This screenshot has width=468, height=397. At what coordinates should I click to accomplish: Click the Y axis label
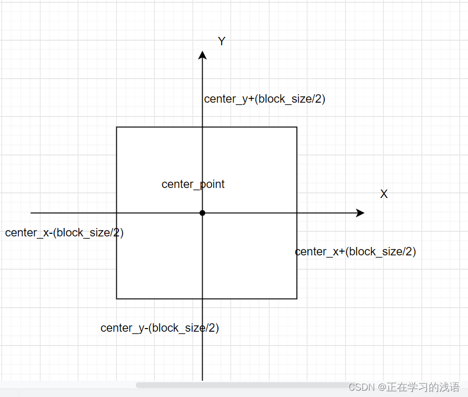click(x=222, y=42)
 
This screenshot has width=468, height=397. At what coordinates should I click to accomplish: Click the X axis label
click(x=384, y=194)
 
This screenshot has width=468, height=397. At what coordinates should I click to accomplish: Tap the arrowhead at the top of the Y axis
click(x=202, y=55)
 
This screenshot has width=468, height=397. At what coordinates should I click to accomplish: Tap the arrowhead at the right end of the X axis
click(x=360, y=213)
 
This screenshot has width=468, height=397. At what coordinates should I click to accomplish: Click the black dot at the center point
click(x=202, y=213)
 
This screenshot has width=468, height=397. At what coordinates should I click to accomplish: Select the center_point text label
click(x=193, y=184)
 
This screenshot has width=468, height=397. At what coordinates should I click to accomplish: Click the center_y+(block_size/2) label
click(x=265, y=99)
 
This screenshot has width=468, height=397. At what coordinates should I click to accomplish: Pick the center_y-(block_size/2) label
click(x=160, y=328)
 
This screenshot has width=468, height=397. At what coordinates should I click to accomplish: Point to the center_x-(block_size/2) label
click(x=64, y=233)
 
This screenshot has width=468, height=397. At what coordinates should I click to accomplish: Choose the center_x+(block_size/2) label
click(x=355, y=252)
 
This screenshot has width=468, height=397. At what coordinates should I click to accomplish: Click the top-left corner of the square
click(x=116, y=127)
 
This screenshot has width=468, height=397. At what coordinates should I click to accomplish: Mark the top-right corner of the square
click(x=297, y=127)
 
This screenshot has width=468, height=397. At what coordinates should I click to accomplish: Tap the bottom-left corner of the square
click(x=116, y=299)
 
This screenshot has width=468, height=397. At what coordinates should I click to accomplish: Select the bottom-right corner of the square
click(x=297, y=299)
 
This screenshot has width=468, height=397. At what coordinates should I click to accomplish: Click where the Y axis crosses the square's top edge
click(x=202, y=127)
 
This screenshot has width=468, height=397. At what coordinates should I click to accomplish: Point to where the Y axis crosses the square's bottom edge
click(x=202, y=299)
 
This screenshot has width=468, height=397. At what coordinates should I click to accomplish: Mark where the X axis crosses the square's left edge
click(x=116, y=213)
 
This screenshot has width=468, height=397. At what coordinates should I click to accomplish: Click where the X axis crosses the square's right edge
click(x=297, y=213)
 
